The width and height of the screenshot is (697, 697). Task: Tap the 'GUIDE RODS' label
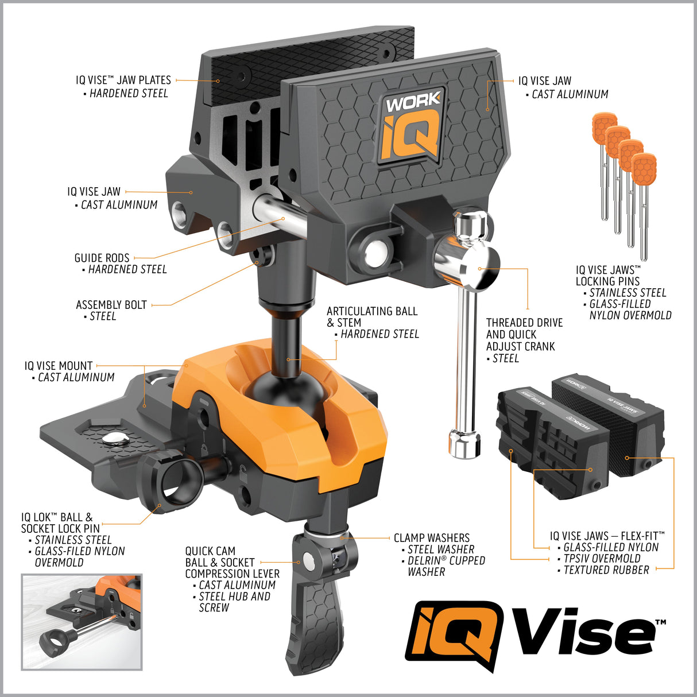pos(102,258)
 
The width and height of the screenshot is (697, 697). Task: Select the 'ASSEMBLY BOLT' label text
pos(111,305)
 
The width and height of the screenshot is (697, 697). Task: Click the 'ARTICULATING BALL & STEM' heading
pos(371,317)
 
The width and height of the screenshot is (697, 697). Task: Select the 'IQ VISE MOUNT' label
pos(59,366)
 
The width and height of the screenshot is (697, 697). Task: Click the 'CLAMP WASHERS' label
pos(431,538)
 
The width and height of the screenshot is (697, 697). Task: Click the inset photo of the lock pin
pos(82,622)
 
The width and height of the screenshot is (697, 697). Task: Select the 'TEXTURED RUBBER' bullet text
pos(606,570)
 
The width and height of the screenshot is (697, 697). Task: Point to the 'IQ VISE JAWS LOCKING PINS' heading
pos(608,276)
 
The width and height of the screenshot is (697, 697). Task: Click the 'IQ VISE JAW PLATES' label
pos(123,80)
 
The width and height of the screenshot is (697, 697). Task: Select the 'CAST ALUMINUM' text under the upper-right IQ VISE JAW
pos(570,94)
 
